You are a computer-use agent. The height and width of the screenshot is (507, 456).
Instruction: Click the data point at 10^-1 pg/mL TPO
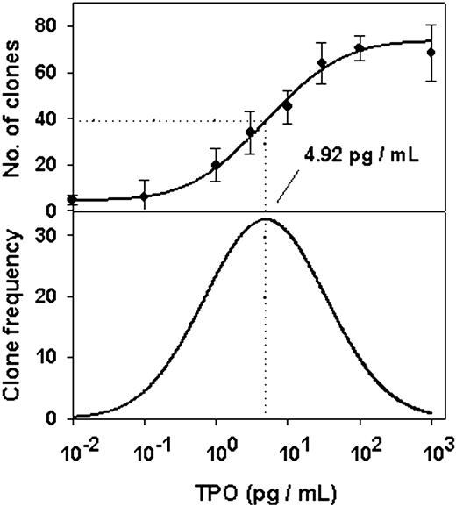tap(145, 196)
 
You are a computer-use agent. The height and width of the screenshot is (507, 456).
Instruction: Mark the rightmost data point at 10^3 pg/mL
tap(430, 52)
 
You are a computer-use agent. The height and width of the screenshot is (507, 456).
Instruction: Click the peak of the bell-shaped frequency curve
tap(266, 219)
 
